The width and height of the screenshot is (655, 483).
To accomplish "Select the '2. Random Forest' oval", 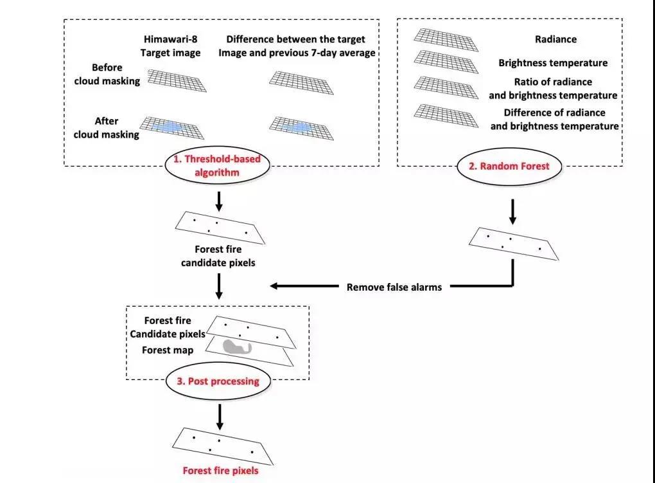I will coord(509,166).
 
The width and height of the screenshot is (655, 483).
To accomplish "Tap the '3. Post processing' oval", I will coord(218,381).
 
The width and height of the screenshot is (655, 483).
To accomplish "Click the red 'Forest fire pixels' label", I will coord(220,471).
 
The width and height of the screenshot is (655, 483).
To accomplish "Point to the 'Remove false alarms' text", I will coord(394,287).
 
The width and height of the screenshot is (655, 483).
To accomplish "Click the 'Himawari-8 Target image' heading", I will coord(171,46).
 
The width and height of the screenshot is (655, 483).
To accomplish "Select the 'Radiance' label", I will coord(555,39).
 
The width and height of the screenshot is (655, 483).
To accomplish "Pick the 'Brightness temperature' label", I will coord(553,63).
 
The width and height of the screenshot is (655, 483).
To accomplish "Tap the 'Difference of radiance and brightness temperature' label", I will coord(554,119).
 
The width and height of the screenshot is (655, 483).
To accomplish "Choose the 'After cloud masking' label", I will coord(106,127).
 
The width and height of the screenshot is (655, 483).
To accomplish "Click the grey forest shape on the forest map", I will coord(237,347).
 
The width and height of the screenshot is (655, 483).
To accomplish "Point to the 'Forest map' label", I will coord(168,351).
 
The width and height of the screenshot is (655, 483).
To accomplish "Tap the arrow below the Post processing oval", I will coord(220,416).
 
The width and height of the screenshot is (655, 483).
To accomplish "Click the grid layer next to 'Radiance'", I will coord(446,39).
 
